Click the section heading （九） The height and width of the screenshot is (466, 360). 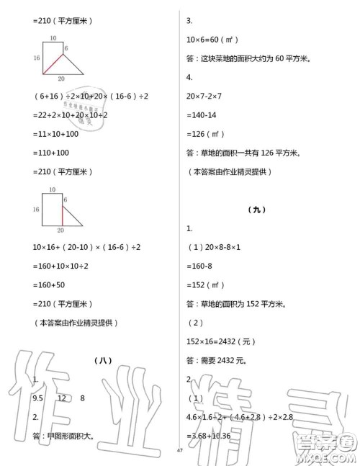click(x=256, y=210)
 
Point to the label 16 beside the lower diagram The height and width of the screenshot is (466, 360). click(x=37, y=209)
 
